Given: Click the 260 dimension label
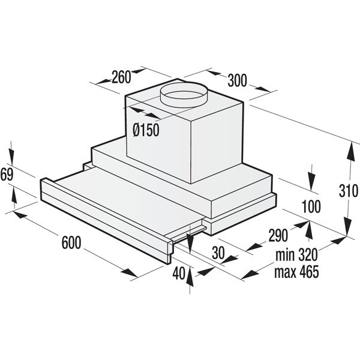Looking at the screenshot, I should point(121,77).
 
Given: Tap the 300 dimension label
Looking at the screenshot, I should point(237,80).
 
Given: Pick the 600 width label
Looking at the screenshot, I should point(71,242).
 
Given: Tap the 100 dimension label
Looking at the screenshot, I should point(311,206).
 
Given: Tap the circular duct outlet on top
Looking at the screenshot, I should point(184,94).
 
